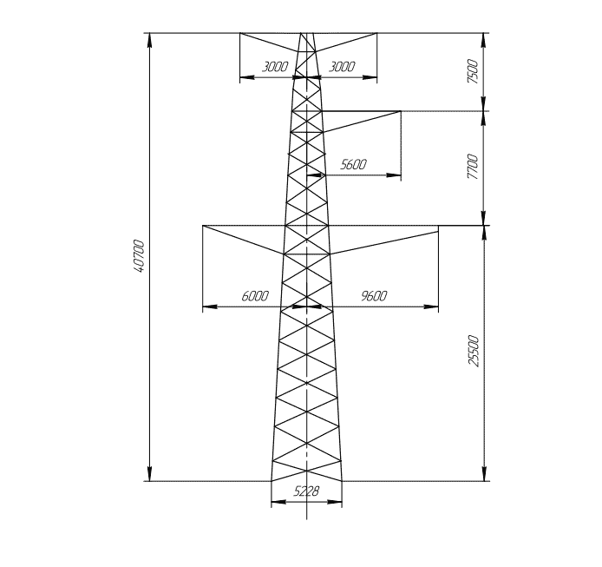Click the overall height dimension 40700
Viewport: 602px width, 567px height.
pos(139,256)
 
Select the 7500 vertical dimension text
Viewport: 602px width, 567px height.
pos(473,71)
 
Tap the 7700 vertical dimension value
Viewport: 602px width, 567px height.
pos(473,167)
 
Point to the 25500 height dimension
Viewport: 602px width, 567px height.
pos(474,352)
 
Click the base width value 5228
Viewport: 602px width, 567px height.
pos(306,491)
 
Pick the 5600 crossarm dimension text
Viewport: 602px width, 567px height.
pos(354,164)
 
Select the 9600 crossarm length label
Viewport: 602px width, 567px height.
pos(374,295)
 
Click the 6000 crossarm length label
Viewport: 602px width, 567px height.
pos(255,296)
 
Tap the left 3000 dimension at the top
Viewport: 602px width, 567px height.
pos(275,67)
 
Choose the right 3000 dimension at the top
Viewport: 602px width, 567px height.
pos(342,67)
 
